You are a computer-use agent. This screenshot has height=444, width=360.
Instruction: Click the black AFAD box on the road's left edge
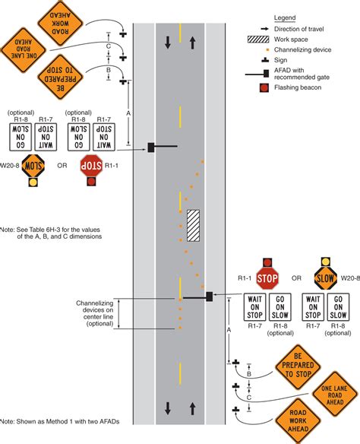tap(152, 147)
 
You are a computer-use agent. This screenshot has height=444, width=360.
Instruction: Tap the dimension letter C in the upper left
tap(109, 46)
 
